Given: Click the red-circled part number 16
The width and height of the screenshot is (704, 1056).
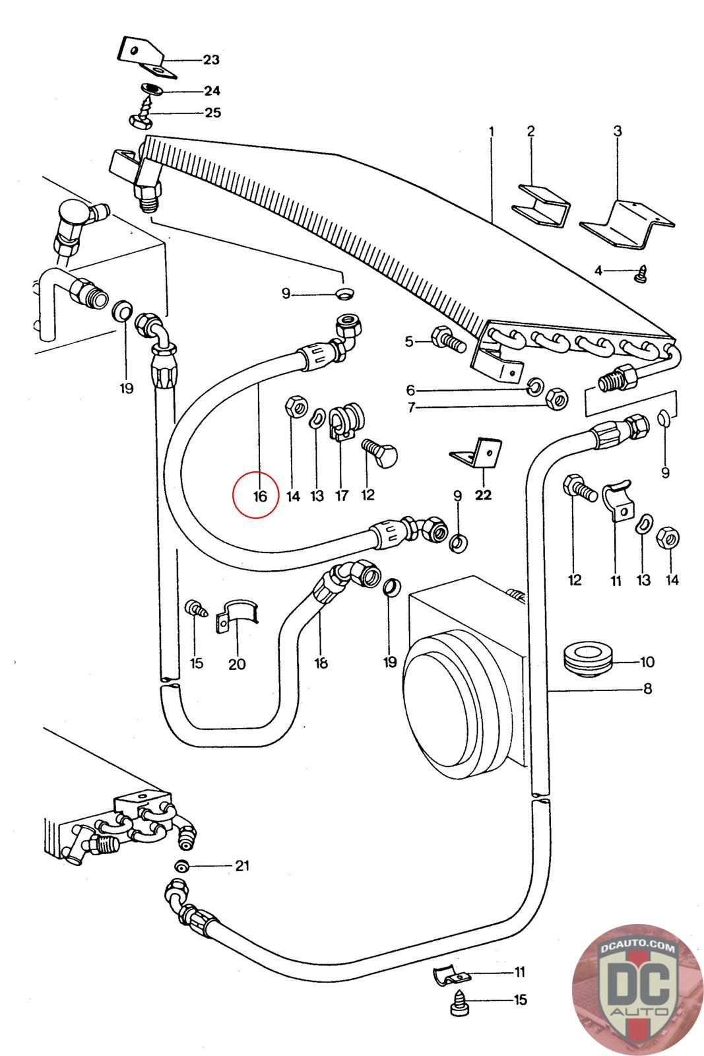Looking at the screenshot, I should point(259,495).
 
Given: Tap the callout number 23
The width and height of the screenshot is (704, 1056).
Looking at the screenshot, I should point(210,60).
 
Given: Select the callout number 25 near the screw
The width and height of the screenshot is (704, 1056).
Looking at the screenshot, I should point(212,112).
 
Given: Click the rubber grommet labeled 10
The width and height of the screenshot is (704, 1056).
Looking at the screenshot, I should point(590,661).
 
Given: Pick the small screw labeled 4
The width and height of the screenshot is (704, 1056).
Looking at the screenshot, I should point(641,274).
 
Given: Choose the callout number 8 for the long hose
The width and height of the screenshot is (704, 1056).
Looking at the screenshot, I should point(647,689).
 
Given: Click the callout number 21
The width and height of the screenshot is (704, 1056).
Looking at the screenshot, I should point(242,865).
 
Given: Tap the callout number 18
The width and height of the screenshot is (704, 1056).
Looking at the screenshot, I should point(321,663).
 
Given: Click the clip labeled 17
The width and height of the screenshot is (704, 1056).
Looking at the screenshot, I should point(344,421).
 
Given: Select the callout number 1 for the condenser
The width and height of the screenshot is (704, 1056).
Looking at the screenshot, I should point(492,131).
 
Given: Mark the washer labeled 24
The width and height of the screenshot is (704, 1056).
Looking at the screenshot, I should point(153,89).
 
